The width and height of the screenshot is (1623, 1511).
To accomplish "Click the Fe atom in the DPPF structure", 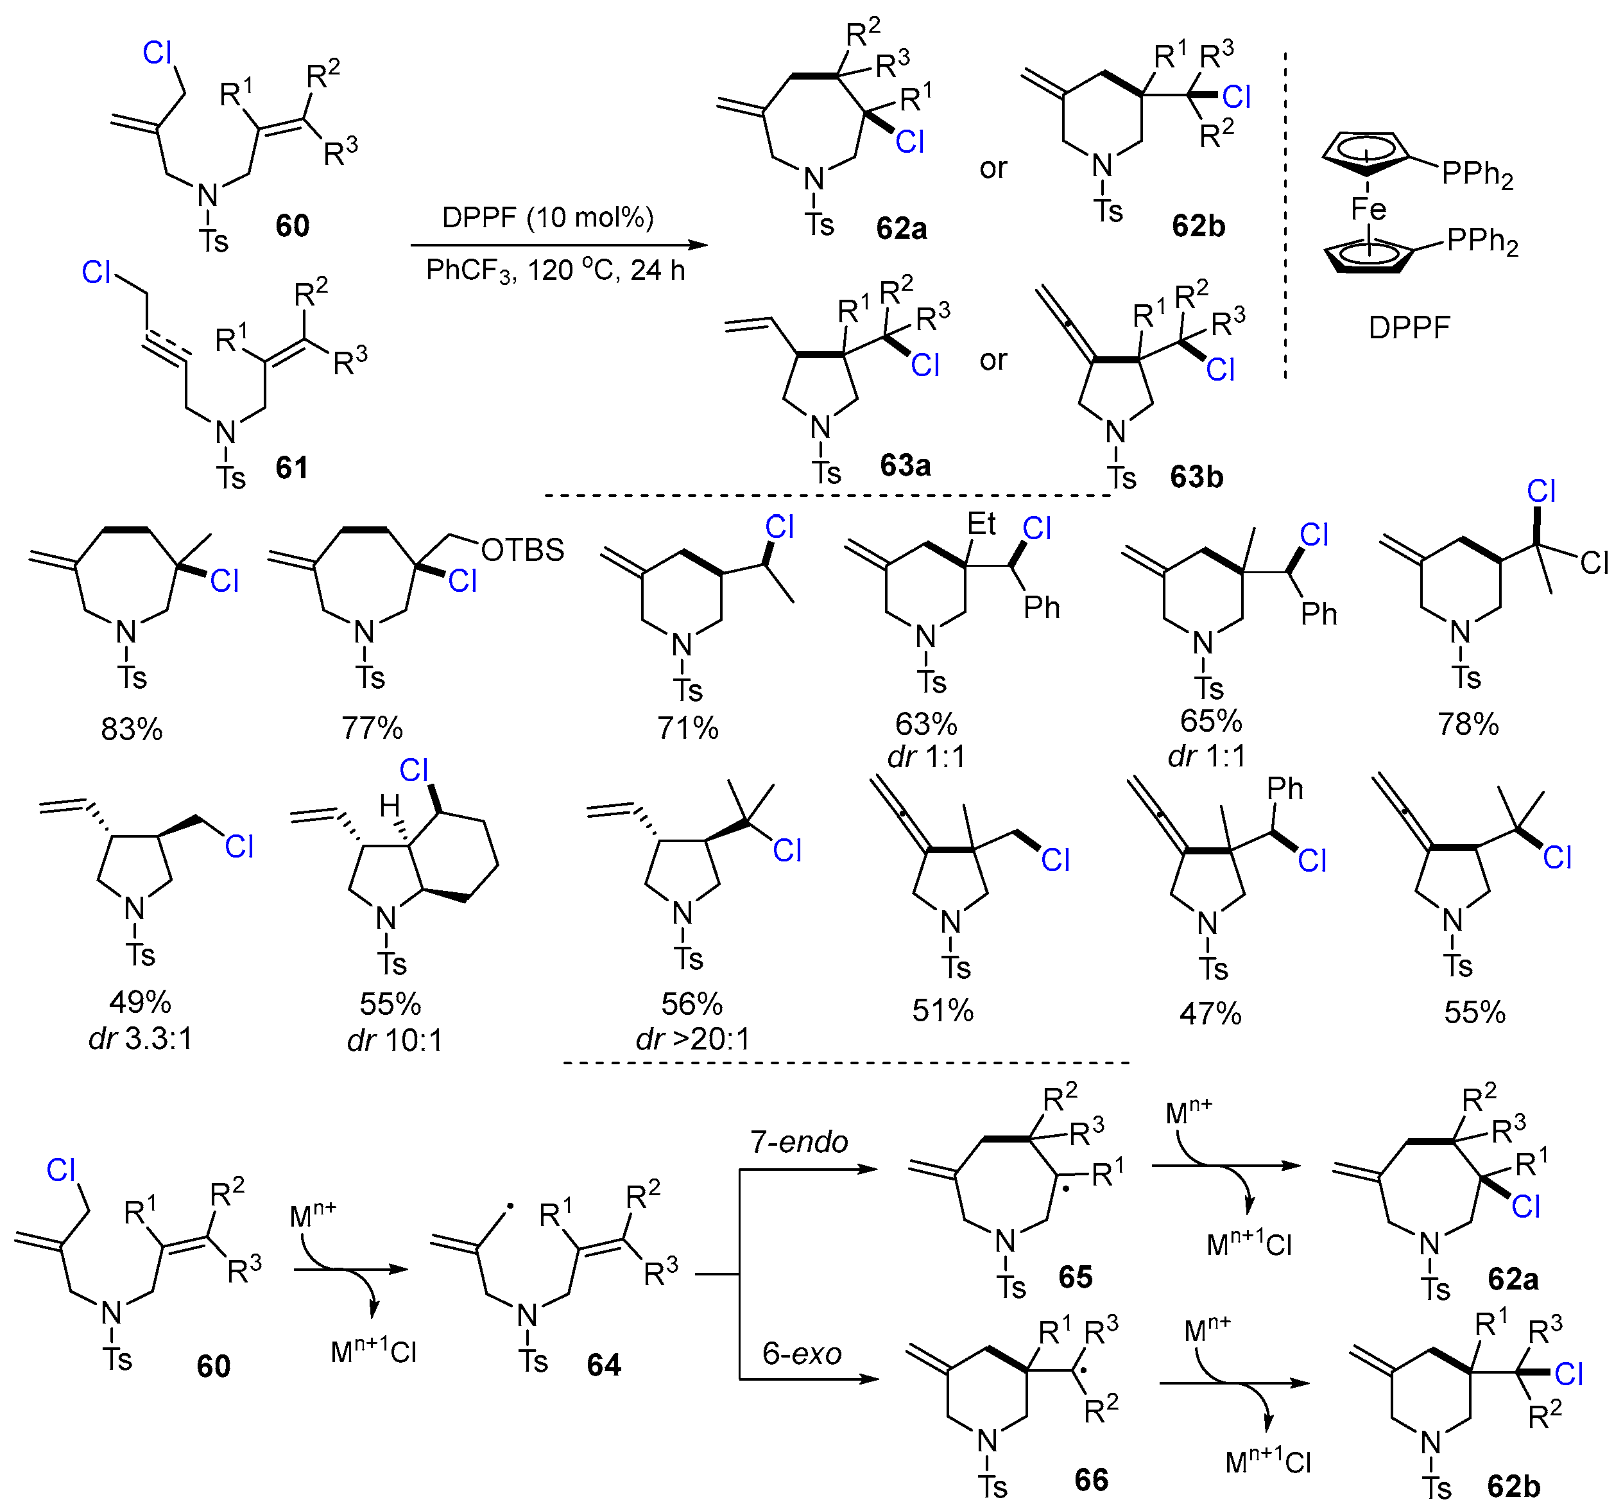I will point(1368,209).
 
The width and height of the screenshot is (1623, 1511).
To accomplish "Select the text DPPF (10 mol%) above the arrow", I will point(548,217).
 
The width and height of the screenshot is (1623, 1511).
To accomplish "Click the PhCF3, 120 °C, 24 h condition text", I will point(555,270).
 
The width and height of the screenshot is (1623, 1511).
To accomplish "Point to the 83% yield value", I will point(132,729).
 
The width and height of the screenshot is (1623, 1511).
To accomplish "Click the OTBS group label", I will point(522,551).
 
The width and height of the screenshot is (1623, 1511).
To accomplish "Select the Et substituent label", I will point(981,524).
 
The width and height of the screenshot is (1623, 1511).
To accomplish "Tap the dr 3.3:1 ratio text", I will point(141,1039).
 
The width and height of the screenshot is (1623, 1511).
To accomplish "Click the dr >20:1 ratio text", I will point(692,1039).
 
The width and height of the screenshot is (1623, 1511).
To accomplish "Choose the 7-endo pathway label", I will point(799,1142).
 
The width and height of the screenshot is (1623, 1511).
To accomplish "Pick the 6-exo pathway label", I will point(802,1354).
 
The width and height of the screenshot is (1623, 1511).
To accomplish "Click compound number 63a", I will point(906,465).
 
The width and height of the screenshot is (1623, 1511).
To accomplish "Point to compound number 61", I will point(291,467).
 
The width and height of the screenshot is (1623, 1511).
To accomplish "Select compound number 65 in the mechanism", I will point(1075,1277).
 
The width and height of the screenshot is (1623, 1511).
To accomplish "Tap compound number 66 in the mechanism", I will point(1092,1480).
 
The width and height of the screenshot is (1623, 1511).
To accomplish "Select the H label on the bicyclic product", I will point(390,807).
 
